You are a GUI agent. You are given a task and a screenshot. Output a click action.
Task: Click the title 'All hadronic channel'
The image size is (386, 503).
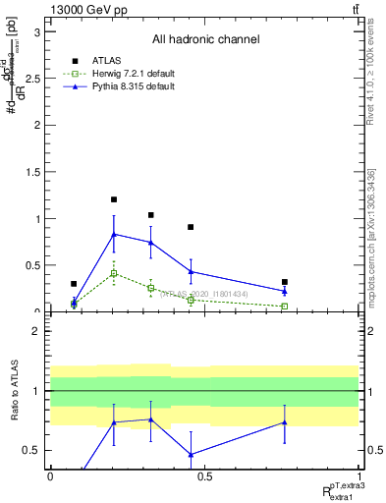click(205, 39)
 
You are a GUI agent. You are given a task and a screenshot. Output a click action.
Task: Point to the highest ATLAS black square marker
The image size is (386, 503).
click(114, 199)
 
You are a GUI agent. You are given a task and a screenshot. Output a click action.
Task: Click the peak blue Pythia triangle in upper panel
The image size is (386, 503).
click(114, 234)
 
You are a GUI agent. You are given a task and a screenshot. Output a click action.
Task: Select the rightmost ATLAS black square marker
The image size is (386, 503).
click(285, 282)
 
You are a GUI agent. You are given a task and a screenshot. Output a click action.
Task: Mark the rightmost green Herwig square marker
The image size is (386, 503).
click(285, 307)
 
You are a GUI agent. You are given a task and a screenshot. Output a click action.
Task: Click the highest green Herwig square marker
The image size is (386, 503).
click(114, 273)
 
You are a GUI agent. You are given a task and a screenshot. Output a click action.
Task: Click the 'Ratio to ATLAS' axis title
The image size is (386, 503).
click(14, 392)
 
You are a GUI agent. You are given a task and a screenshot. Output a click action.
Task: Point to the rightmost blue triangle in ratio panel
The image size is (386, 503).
click(285, 422)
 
